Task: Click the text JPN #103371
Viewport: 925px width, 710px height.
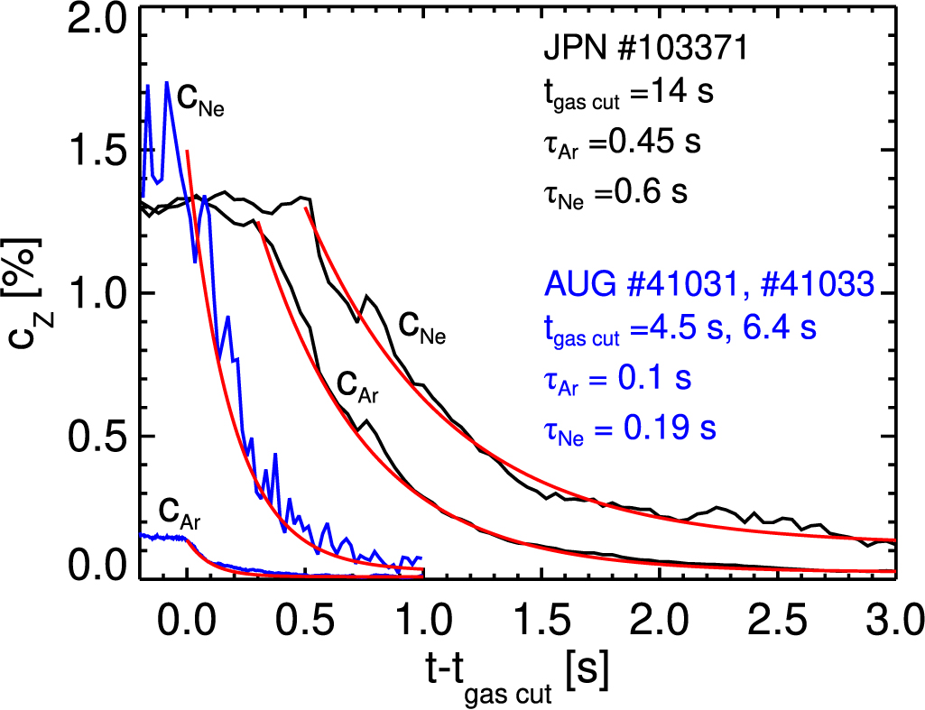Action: pyautogui.click(x=645, y=50)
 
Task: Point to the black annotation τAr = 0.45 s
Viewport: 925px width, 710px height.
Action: pyautogui.click(x=622, y=143)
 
